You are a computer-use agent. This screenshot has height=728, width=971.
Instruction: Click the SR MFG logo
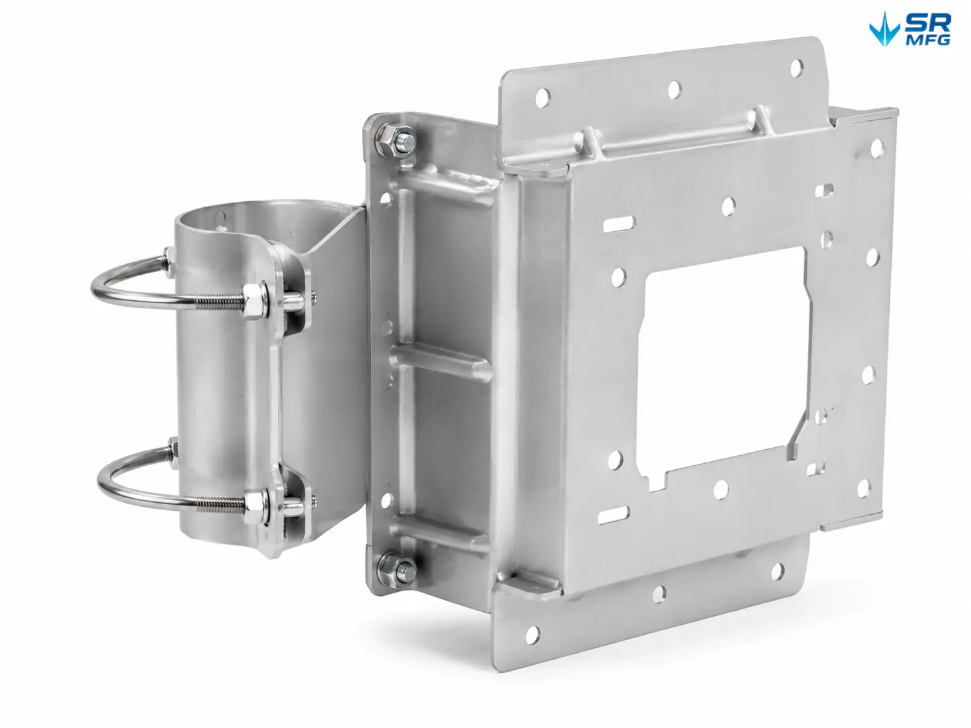pyautogui.click(x=910, y=29)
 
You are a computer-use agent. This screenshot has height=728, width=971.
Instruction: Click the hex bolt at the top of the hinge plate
pyautogui.click(x=396, y=139)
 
